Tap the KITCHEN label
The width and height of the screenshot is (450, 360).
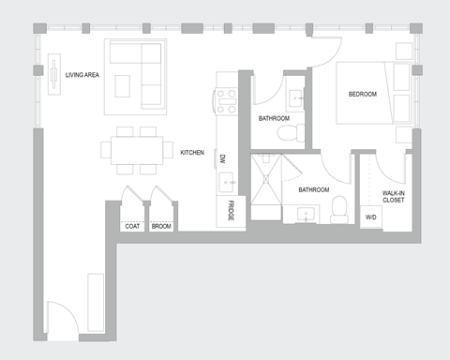tap(192, 151)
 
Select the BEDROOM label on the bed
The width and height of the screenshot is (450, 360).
tap(362, 95)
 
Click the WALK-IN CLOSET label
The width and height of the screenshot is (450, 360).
tap(394, 196)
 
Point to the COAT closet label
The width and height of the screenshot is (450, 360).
tap(132, 225)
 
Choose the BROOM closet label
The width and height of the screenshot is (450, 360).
tap(161, 225)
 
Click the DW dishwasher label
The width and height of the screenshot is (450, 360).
tap(223, 159)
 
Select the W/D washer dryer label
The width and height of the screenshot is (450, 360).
tap(371, 217)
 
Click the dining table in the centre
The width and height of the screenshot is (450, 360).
tap(137, 150)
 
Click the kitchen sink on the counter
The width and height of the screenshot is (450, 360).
tap(226, 181)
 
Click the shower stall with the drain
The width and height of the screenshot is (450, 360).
tap(269, 184)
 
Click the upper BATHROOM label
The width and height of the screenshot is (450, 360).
tap(274, 118)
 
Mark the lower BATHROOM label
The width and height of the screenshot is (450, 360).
tap(313, 189)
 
